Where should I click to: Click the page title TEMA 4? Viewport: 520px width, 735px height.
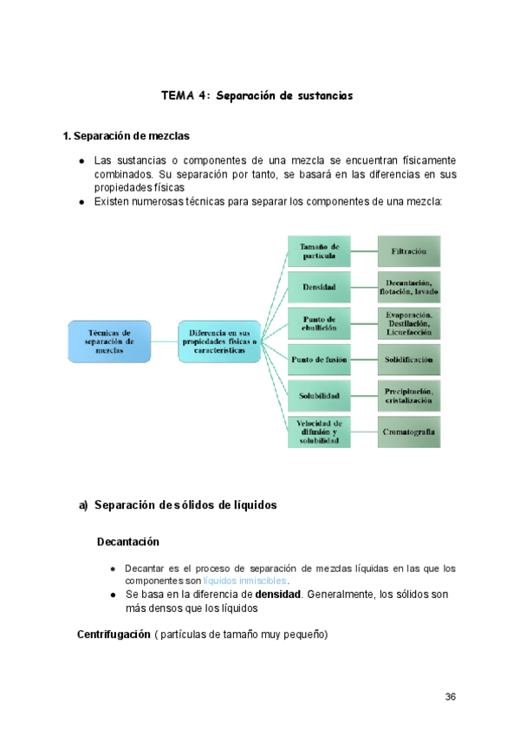pos(257,95)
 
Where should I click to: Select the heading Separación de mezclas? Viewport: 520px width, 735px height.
pos(127,136)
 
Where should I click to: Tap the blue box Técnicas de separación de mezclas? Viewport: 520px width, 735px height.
pos(109,341)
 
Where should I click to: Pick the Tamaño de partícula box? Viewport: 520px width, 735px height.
pos(319,251)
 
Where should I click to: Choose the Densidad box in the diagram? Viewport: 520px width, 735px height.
pos(319,286)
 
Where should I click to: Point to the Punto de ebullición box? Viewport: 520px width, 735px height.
pos(319,322)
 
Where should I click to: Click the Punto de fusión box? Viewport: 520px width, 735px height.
pos(319,359)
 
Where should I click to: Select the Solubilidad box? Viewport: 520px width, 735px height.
pos(319,395)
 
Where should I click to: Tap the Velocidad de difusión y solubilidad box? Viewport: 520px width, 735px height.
pos(319,432)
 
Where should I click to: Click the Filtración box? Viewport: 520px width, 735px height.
pos(408,251)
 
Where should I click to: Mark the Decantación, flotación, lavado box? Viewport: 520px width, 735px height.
pos(408,286)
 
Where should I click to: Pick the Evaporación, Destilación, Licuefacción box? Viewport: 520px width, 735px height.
pos(408,322)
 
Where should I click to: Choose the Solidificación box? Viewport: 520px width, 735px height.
pos(408,359)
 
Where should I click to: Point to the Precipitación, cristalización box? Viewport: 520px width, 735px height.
pos(408,395)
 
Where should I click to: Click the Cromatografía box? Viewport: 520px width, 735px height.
pos(408,432)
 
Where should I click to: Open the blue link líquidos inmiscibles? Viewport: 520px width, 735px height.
pos(245,580)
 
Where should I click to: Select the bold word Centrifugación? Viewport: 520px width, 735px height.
pos(114,635)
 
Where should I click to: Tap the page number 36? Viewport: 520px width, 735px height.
pos(450,697)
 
